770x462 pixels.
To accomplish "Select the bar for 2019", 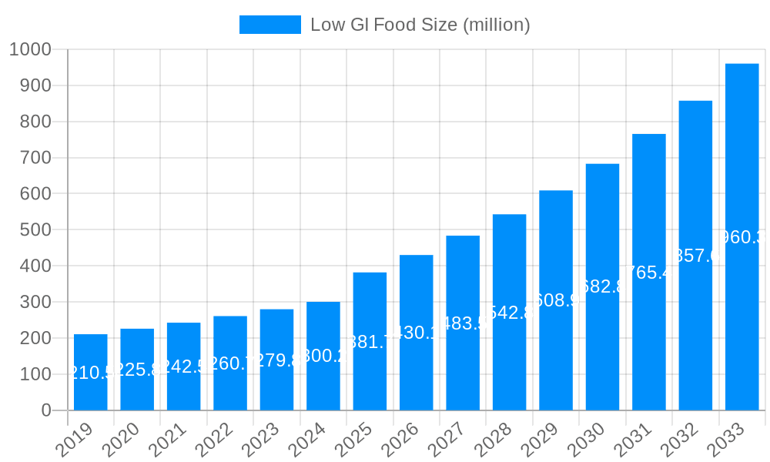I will point(91,372).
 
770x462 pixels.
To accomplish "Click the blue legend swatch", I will point(270,25).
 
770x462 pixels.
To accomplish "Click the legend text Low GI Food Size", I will point(420,25).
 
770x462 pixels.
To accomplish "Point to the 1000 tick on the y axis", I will point(30,49).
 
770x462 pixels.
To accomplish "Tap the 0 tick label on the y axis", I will point(46,410).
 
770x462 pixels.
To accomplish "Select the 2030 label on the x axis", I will point(586,441).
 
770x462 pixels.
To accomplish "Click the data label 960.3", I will point(744,237).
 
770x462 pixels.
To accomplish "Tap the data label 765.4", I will point(651,272).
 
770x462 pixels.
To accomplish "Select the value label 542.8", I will point(511,313).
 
